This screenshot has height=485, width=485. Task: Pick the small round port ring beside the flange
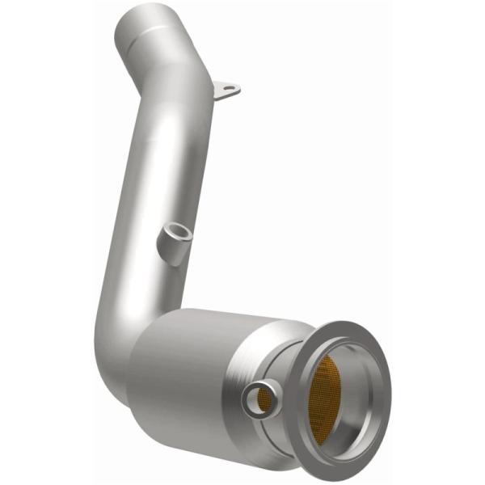pos(260,397)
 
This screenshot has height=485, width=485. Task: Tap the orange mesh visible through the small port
pos(261,397)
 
